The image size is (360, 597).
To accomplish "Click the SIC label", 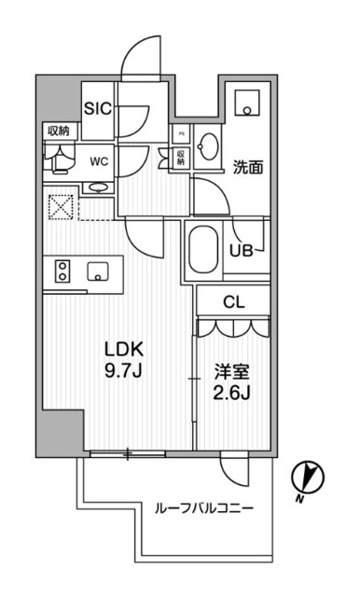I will pos(99,108).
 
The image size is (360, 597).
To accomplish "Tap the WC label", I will pos(98,160).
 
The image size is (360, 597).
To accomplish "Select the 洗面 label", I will pos(246,168).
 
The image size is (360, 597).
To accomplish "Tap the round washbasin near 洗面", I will pos(210,149).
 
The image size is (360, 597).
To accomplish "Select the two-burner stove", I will pos(62,271).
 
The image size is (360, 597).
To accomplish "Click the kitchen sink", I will pos(98,271).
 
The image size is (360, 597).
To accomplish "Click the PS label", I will pos(181,133).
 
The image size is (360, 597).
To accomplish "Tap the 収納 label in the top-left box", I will pos(57,132).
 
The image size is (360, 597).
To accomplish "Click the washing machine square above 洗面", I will pos(246,102).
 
